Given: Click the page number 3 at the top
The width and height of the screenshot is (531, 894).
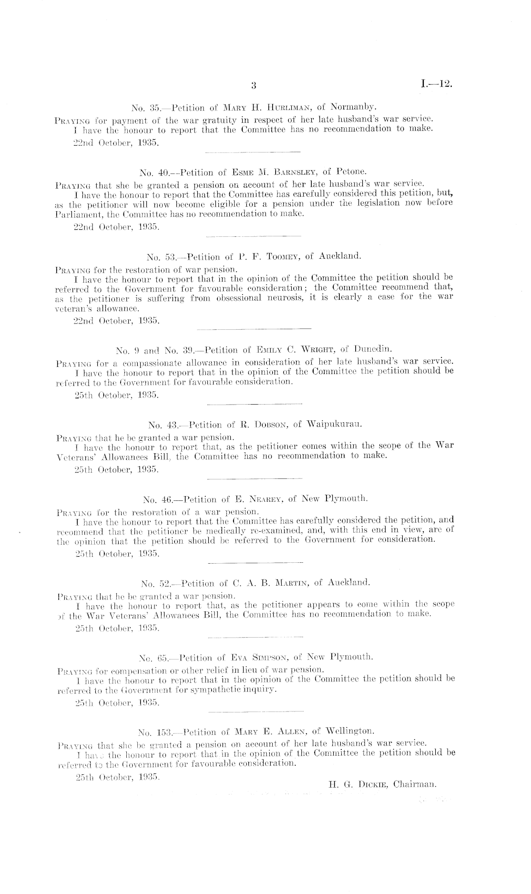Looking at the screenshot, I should [254, 86].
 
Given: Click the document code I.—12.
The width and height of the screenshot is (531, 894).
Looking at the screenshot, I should [436, 85].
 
